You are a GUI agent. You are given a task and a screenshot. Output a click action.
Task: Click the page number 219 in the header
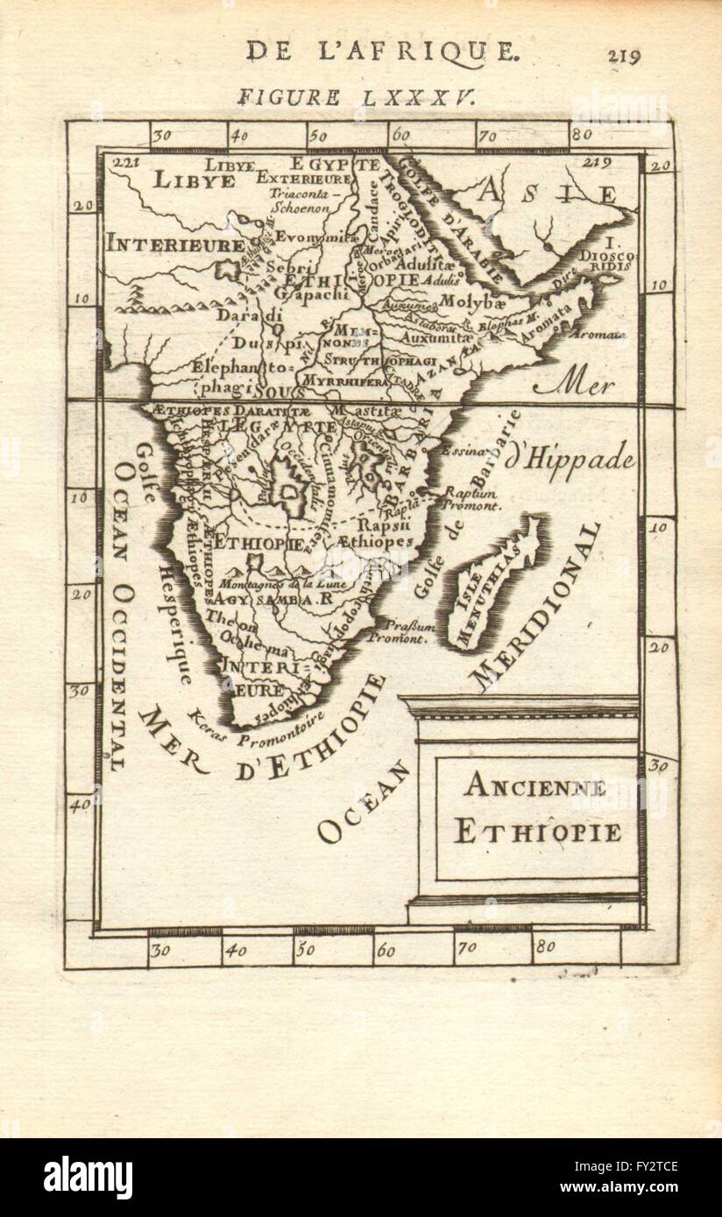point(623,55)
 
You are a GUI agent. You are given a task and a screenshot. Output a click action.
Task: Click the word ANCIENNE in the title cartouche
point(534,786)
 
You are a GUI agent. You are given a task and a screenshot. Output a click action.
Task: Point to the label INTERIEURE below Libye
point(174,245)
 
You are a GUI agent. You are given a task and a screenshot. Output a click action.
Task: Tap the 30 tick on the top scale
point(159,135)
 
